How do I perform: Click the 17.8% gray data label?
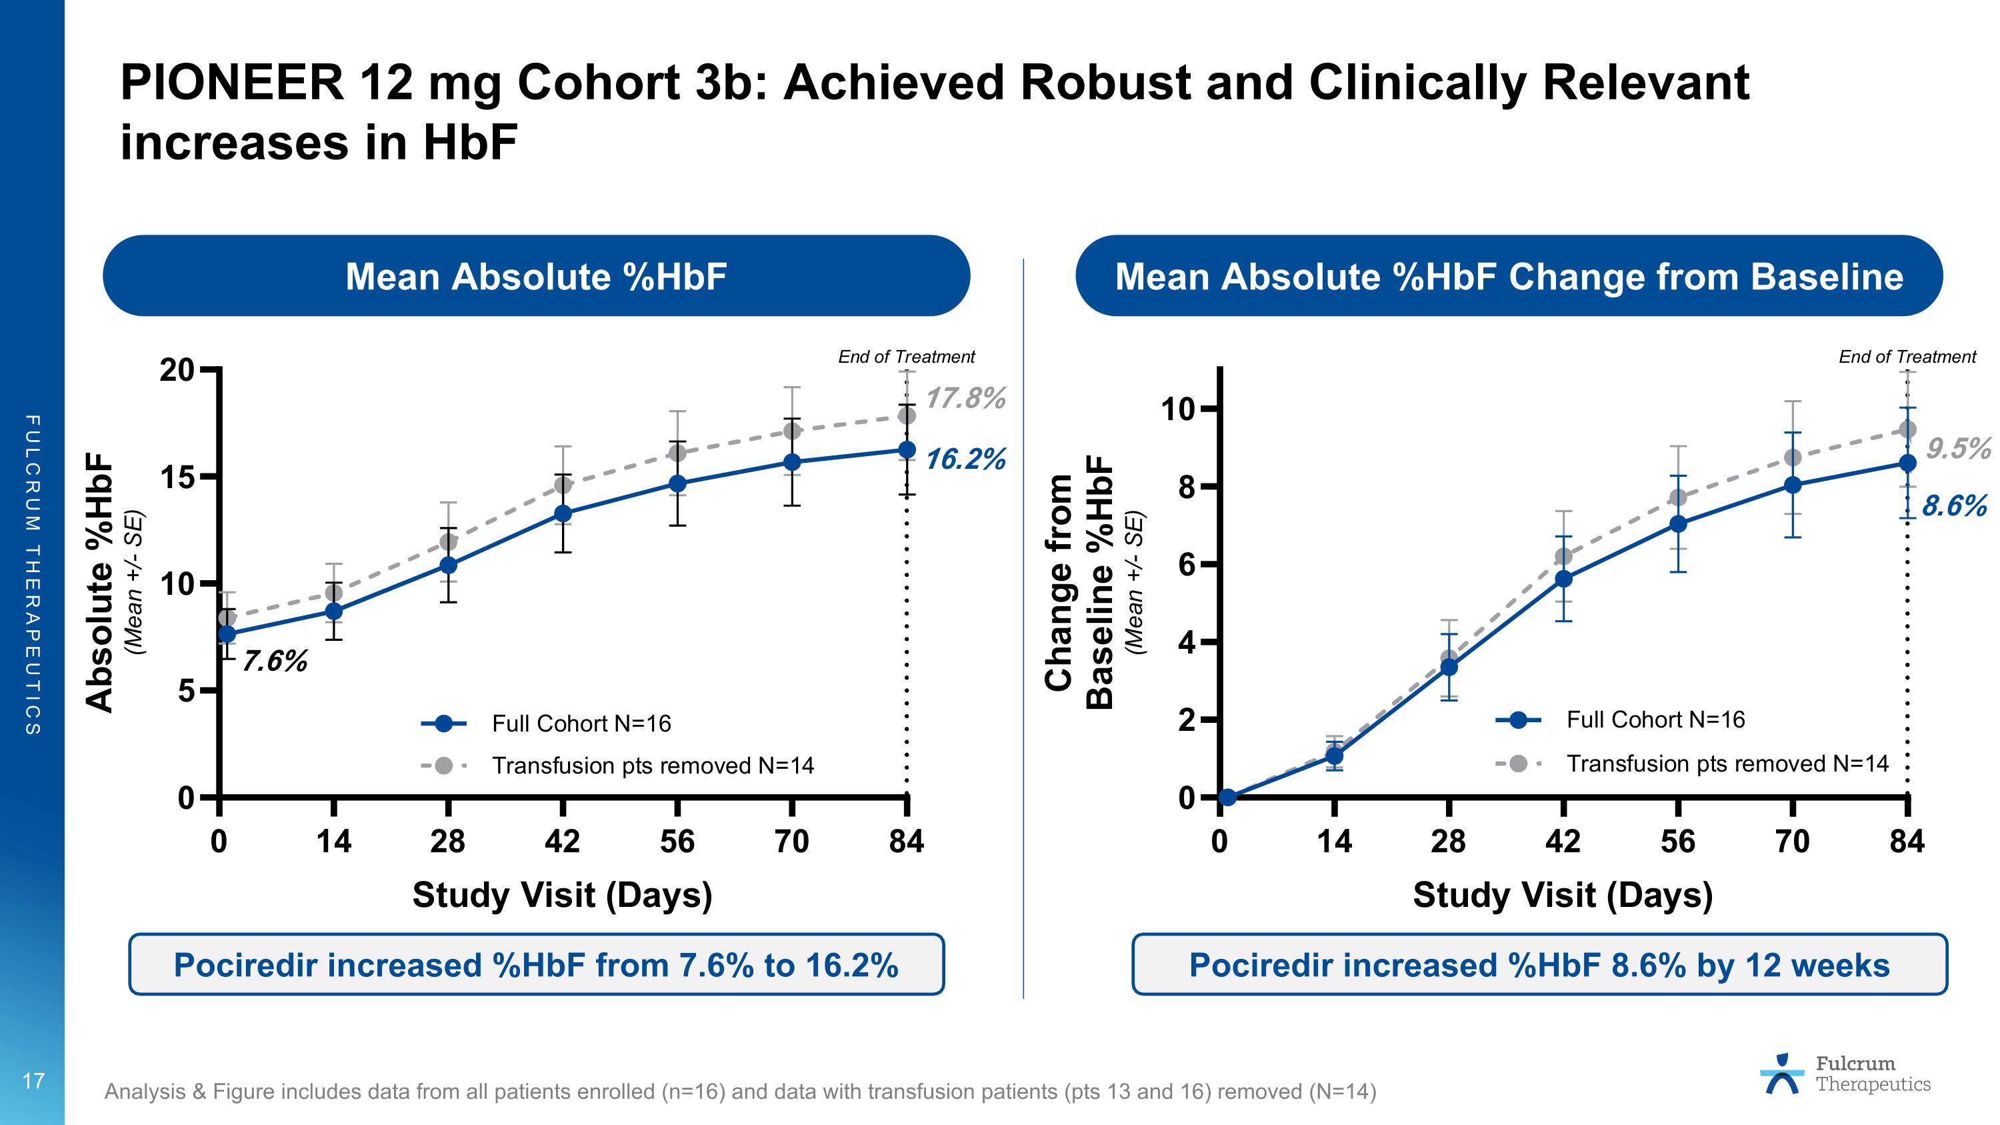(965, 398)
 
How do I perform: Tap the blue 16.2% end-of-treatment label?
(965, 459)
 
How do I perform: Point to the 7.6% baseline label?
(275, 662)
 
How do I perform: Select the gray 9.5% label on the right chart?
(1957, 449)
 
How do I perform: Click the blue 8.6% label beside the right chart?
(1953, 506)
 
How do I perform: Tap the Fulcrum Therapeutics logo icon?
(1782, 1074)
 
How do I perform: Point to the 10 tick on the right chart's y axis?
(1178, 408)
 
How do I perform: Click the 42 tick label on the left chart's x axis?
(562, 842)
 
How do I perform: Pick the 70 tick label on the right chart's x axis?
(1792, 842)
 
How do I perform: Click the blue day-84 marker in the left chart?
(906, 449)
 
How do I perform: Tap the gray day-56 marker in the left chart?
(677, 453)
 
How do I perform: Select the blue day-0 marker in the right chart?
(1227, 798)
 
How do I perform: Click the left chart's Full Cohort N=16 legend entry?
(581, 724)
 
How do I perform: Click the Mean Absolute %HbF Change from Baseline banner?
(1509, 276)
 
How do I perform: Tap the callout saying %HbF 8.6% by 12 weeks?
(1539, 965)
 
